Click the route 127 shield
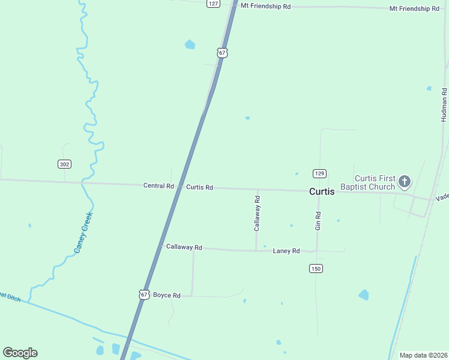point(213,3)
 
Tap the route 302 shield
point(64,164)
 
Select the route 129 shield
point(319,173)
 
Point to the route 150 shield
point(316,268)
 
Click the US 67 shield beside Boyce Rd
point(143,295)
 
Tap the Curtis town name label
point(322,192)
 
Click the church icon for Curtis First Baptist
point(405,181)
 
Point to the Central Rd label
point(158,186)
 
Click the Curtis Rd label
point(199,187)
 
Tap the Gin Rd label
point(318,221)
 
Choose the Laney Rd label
point(286,251)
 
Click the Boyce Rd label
point(167,295)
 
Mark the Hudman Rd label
point(444,104)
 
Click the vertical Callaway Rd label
point(257,218)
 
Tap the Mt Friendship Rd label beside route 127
point(265,6)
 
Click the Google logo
point(20,353)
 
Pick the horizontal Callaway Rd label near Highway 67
point(184,247)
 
